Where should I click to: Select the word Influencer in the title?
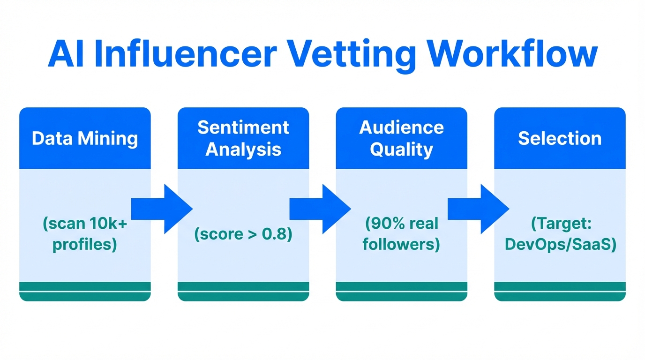[x=186, y=55]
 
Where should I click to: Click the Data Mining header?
[x=85, y=139]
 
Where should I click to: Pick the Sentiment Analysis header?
[x=243, y=138]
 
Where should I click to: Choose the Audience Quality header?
[x=402, y=138]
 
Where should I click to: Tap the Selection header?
[x=560, y=139]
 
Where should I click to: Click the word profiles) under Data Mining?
[x=85, y=245]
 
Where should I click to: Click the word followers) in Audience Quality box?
[x=402, y=245]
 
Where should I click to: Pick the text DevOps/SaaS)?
[x=560, y=245]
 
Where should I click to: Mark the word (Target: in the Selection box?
[x=560, y=224]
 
